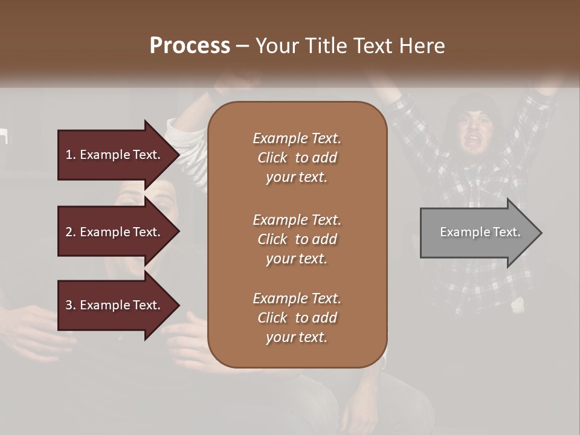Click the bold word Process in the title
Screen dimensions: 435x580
coord(190,46)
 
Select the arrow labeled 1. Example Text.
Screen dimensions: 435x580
coord(115,155)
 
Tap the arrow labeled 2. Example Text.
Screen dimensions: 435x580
coord(115,232)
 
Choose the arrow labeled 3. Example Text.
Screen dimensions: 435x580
coord(115,305)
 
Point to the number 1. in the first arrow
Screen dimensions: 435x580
coord(71,155)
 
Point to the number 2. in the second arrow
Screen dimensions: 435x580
coord(71,232)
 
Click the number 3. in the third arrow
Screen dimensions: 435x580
coord(71,305)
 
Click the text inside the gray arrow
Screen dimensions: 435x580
coord(480,232)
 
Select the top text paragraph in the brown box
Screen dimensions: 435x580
coord(297,158)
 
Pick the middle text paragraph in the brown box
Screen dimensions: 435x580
coord(297,239)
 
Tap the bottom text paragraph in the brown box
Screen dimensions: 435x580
coord(297,318)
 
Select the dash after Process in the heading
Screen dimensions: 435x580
coord(242,46)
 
